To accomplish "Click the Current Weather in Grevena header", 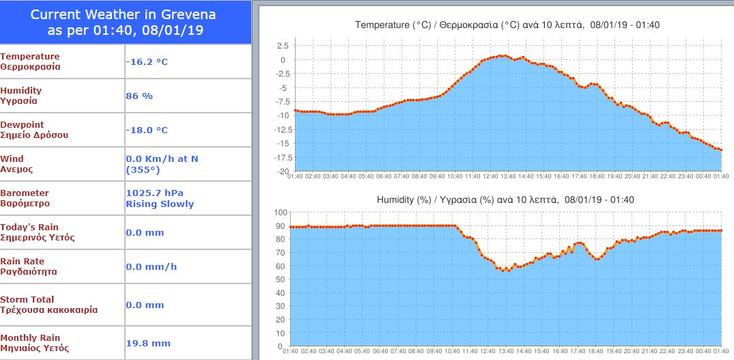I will tap(126, 23).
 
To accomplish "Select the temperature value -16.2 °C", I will tap(147, 62).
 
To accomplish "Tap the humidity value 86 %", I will tap(139, 96).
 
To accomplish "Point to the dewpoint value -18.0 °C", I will tap(147, 130).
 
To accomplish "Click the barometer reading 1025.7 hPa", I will tap(155, 193).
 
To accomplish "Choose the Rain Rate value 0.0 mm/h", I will tap(151, 267).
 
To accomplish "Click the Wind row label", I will tap(12, 158).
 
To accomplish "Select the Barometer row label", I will tap(25, 193).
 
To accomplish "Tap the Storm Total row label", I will tap(27, 299).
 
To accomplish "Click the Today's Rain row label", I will tap(30, 227).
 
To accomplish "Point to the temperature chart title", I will tap(507, 25).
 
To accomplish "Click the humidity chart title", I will tap(505, 200).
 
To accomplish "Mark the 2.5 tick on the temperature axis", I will tap(282, 46).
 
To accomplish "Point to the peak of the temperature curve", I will tap(503, 55).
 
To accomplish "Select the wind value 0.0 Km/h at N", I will tap(162, 158).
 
